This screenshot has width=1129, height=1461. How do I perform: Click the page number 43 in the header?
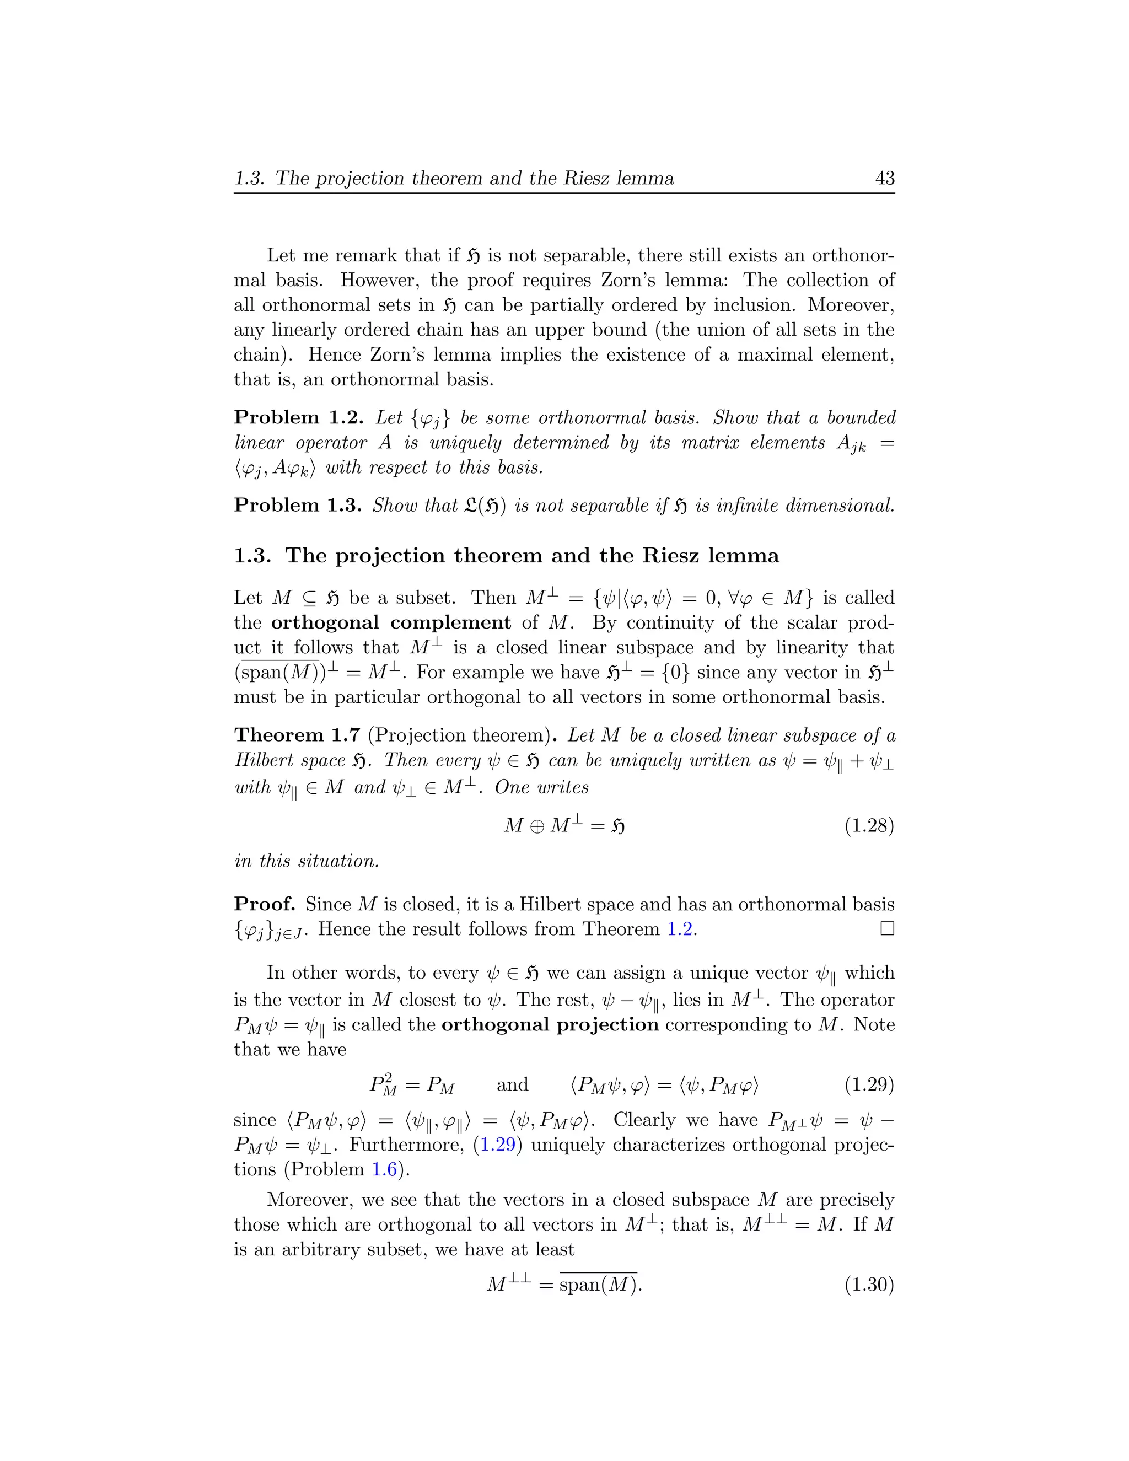point(884,178)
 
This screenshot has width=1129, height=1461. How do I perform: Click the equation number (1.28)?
point(869,825)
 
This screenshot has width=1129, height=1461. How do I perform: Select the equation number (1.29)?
point(869,1084)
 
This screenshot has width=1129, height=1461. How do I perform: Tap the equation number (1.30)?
point(869,1285)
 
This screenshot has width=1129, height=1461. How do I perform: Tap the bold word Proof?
point(265,904)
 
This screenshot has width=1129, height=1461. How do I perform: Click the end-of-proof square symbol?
point(887,928)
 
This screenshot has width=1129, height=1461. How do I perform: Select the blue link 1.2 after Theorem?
point(680,929)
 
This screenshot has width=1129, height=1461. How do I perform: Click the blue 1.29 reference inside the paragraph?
point(498,1145)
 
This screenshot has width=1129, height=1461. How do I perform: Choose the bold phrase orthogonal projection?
point(550,1025)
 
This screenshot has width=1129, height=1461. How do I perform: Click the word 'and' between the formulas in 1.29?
point(512,1084)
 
